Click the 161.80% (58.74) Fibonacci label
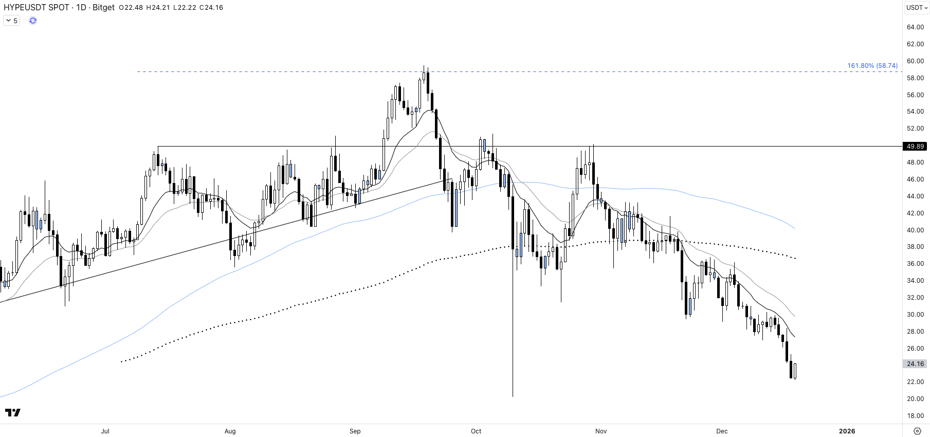pos(872,66)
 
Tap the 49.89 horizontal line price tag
pos(915,147)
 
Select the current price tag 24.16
pos(915,364)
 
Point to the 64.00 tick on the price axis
pos(915,27)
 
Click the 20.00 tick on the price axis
pos(915,399)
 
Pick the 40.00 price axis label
pos(915,230)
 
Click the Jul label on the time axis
pos(105,431)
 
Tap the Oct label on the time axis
pos(476,431)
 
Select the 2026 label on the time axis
pos(847,431)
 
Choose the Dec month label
pos(722,431)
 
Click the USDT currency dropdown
pos(917,8)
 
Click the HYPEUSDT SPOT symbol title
pos(37,8)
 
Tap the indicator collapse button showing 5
pos(11,21)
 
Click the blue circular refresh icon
pos(33,21)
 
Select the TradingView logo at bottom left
pos(13,412)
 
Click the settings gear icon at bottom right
pos(917,431)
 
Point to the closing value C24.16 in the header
pos(211,8)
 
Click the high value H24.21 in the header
pos(158,8)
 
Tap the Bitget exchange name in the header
pos(103,8)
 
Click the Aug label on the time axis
pos(230,431)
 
